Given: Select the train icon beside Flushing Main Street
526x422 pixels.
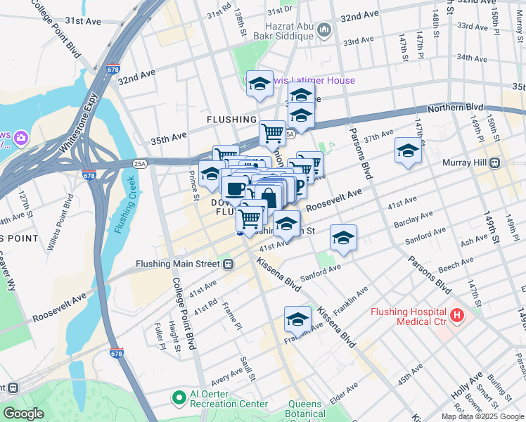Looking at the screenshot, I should [228, 264].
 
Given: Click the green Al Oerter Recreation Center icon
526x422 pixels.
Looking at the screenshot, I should [179, 398].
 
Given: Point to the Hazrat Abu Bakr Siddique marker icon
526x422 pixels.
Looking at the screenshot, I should [323, 30].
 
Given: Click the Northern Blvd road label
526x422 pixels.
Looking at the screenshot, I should [456, 108].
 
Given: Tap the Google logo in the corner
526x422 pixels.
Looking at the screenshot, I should [24, 414].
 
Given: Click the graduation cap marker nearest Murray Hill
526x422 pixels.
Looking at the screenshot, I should [408, 151].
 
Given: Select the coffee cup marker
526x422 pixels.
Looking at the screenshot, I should [235, 188].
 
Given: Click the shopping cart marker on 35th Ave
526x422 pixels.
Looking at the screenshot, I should [272, 132].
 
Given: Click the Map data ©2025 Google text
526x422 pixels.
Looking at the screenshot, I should [482, 416].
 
